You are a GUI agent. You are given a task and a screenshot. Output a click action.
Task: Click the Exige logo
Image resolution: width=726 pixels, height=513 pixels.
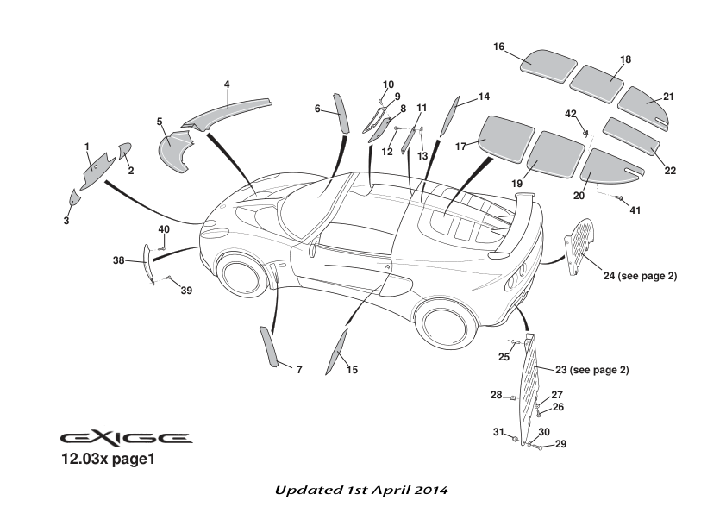(126, 438)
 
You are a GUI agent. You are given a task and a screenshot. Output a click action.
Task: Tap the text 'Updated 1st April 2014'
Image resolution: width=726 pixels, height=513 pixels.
(361, 490)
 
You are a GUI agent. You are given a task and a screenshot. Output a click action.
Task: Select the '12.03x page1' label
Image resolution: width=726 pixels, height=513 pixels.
(107, 460)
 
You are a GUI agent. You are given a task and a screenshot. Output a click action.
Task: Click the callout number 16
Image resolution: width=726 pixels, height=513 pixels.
(499, 47)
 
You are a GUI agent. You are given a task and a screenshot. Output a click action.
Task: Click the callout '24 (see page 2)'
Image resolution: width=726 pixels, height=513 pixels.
(640, 276)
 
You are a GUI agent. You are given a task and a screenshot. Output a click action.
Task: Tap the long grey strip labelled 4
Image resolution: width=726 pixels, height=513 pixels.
(228, 110)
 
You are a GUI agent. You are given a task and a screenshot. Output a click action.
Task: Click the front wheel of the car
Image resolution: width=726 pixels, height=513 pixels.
(239, 274)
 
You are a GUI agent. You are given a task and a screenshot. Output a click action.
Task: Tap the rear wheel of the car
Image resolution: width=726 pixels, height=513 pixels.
(443, 322)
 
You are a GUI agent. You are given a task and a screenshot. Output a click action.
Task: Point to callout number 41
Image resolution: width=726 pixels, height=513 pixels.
(635, 210)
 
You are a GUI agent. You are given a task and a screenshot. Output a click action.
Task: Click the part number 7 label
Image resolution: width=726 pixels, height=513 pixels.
(299, 370)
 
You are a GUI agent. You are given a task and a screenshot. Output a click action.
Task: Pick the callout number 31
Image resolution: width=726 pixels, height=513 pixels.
(498, 431)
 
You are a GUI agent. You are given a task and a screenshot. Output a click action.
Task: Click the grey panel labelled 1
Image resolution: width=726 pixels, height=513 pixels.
(97, 171)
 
